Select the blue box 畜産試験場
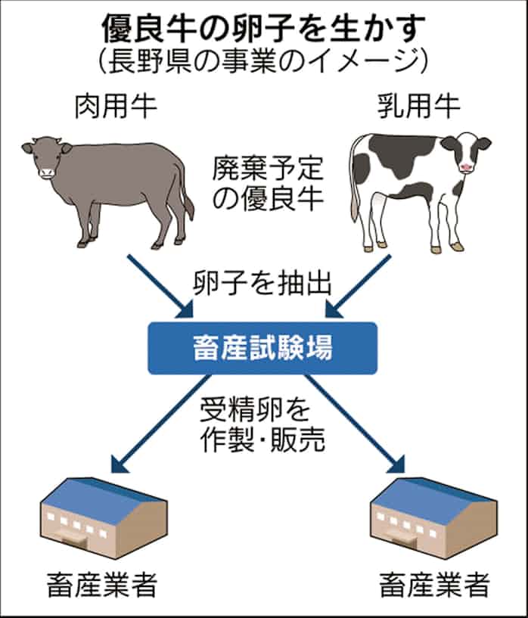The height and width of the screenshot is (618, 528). [262, 348]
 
